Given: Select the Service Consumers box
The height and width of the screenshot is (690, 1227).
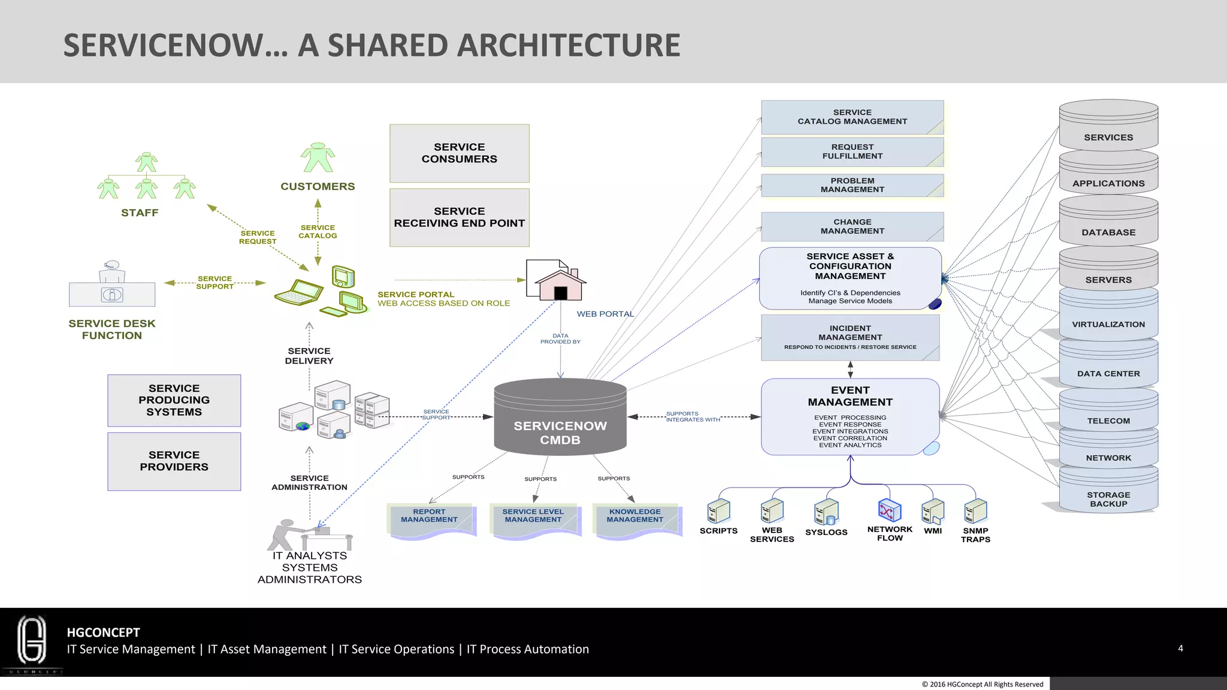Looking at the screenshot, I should [459, 153].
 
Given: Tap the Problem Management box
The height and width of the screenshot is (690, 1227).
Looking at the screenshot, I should [852, 185].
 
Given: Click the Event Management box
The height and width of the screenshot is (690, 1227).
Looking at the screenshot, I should [850, 417].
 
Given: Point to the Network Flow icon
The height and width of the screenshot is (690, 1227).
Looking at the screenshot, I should [889, 511].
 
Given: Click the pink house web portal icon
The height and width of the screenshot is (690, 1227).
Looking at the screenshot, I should [560, 285].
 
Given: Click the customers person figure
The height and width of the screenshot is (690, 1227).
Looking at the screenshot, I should [318, 158].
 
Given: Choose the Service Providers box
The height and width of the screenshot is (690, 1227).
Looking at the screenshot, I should [174, 461].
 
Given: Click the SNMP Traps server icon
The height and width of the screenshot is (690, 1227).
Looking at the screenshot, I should [975, 511].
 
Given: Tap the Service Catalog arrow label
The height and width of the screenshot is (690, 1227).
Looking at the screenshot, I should [318, 232].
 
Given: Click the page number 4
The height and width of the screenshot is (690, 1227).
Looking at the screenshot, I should [1180, 648].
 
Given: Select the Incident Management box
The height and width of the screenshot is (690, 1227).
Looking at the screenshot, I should [850, 337].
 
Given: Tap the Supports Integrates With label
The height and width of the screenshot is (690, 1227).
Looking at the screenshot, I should [693, 416].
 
